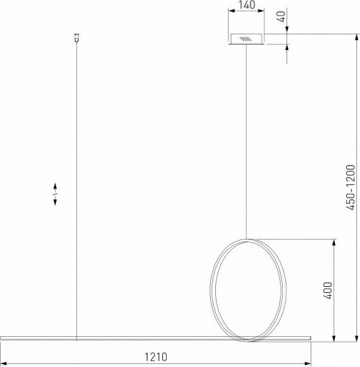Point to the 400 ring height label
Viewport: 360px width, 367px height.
click(327, 291)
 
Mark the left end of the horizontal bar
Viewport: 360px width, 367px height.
click(2, 339)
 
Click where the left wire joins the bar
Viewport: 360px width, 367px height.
click(77, 338)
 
